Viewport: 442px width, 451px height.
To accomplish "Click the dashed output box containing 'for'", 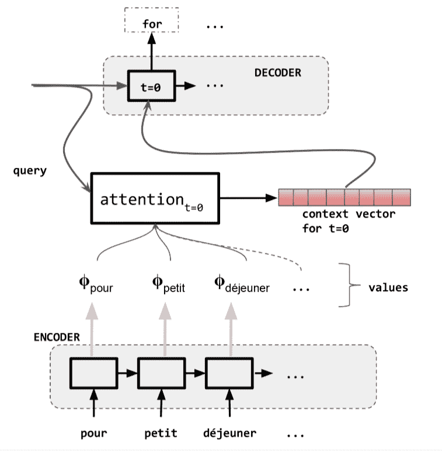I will point(152,23).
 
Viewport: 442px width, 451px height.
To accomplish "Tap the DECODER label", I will point(277,73).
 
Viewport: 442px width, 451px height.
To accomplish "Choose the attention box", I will point(155,198).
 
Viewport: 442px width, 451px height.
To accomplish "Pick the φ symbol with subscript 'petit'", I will point(158,284).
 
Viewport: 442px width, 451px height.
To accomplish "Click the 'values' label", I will point(388,287).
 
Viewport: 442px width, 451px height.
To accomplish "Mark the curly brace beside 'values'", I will point(349,285).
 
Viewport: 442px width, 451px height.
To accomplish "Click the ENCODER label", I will point(56,338).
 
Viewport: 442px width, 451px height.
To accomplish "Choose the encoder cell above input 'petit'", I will point(161,372).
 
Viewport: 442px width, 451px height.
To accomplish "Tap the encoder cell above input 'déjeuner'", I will point(228,372).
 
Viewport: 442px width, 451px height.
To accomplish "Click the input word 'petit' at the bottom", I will point(161,433).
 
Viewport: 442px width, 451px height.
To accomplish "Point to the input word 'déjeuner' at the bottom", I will point(229,433).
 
